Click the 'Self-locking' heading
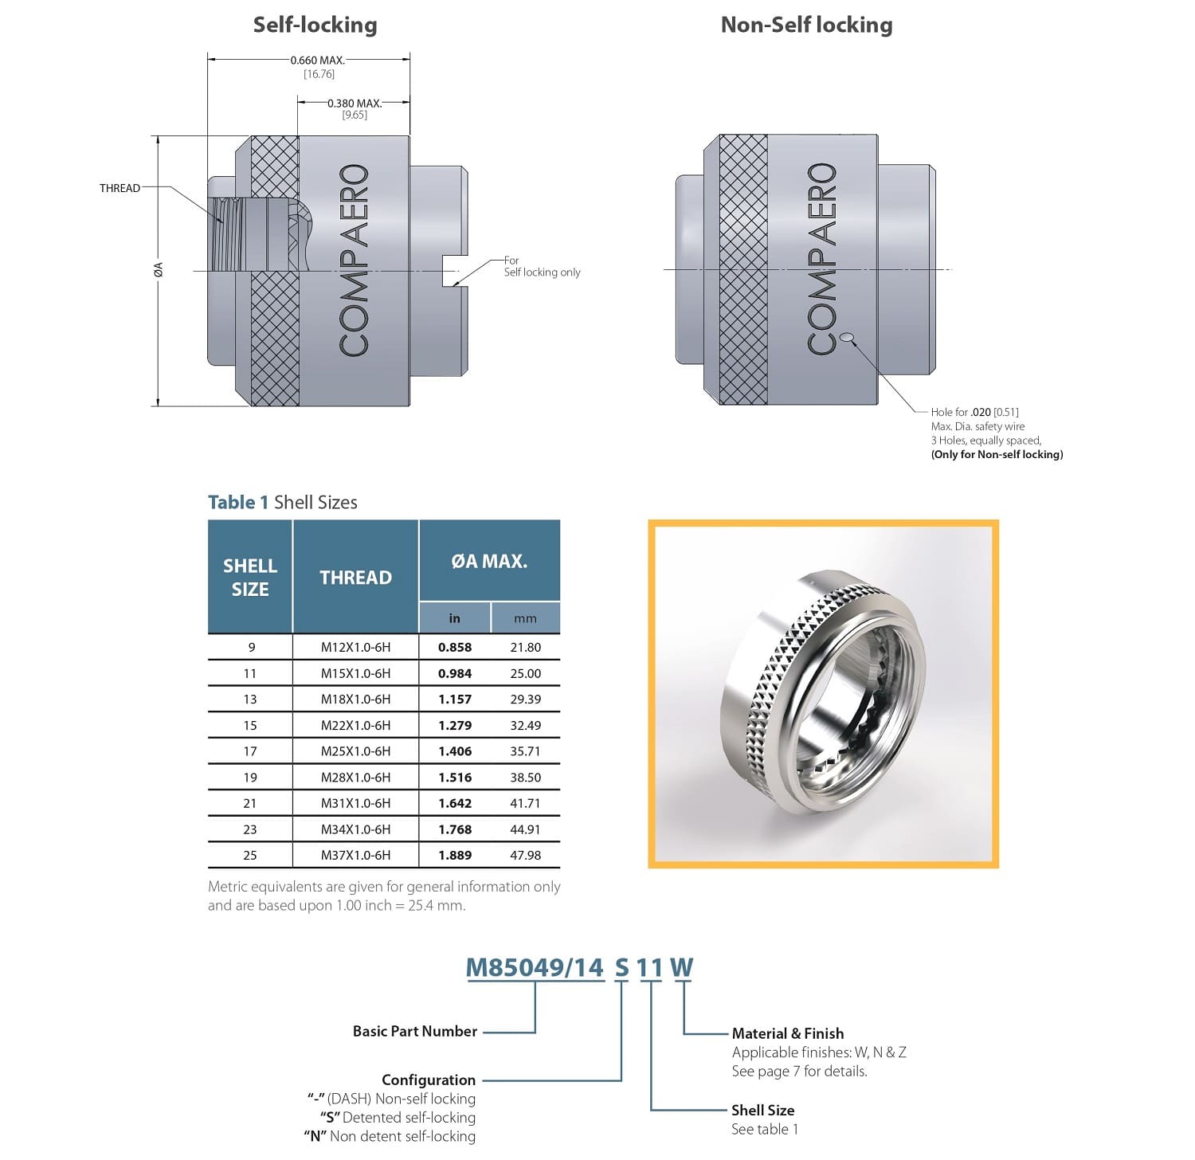point(315,25)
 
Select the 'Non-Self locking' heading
point(806,25)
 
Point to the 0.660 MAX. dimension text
point(317,61)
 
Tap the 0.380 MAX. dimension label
point(355,104)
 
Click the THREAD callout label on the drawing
point(119,188)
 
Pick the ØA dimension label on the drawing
point(159,270)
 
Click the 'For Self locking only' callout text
point(542,266)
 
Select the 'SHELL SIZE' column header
point(250,577)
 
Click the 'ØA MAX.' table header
point(489,561)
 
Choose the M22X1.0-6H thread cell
point(355,725)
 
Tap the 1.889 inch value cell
point(455,855)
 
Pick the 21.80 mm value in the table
point(525,648)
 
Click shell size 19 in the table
point(250,777)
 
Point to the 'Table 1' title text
point(237,502)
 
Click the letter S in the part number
point(621,967)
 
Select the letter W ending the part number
point(681,967)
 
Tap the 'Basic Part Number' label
point(414,1031)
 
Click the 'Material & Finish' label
point(787,1033)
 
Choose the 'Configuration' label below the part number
point(428,1080)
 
